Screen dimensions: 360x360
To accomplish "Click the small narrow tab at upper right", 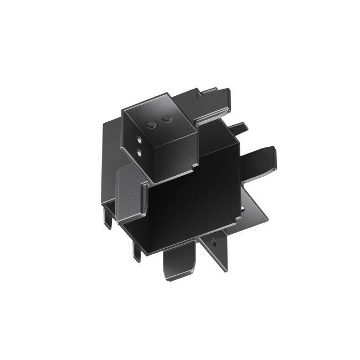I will pos(239,128).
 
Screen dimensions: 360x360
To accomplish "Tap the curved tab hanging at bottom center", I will pos(179,266).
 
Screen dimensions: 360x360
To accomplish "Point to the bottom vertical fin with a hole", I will pos(217,252).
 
